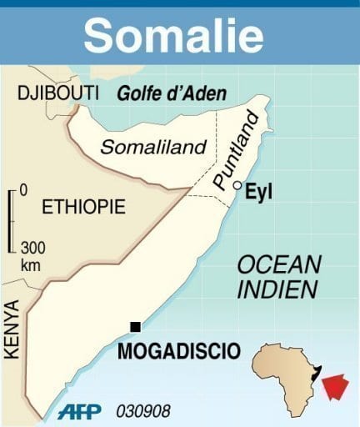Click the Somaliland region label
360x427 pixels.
(x=153, y=147)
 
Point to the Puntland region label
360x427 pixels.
(x=230, y=158)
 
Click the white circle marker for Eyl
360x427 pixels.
(x=238, y=185)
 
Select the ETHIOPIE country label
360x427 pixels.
(x=84, y=206)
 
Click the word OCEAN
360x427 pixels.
(x=279, y=265)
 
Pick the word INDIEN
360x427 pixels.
(x=277, y=290)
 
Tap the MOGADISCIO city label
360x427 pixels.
(x=179, y=350)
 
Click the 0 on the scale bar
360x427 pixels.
(x=22, y=190)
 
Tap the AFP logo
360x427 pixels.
(x=79, y=412)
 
